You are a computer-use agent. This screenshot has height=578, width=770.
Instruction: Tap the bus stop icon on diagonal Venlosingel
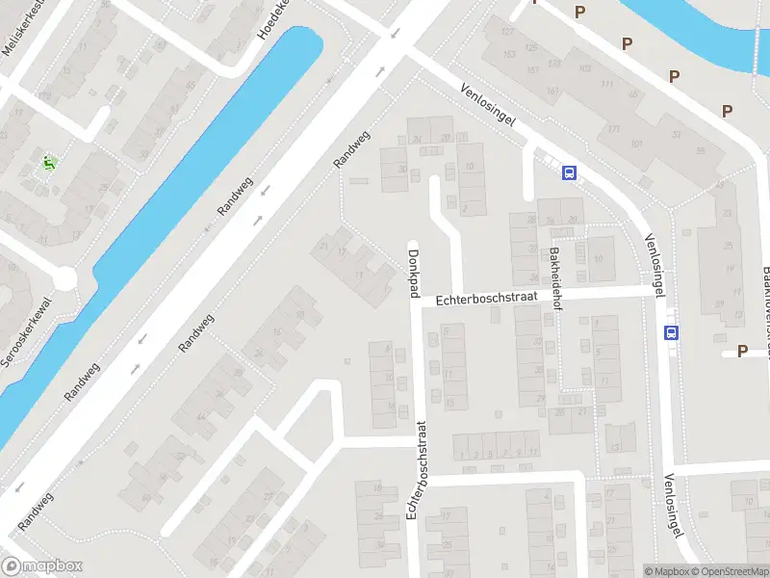(569, 172)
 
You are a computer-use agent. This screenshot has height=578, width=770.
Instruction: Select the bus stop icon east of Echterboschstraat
(670, 332)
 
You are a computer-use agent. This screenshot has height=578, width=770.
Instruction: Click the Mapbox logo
(40, 566)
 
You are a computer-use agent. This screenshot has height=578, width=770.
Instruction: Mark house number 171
(614, 129)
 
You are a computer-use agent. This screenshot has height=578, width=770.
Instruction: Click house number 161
(552, 92)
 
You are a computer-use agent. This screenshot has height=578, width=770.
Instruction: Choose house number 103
(584, 67)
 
